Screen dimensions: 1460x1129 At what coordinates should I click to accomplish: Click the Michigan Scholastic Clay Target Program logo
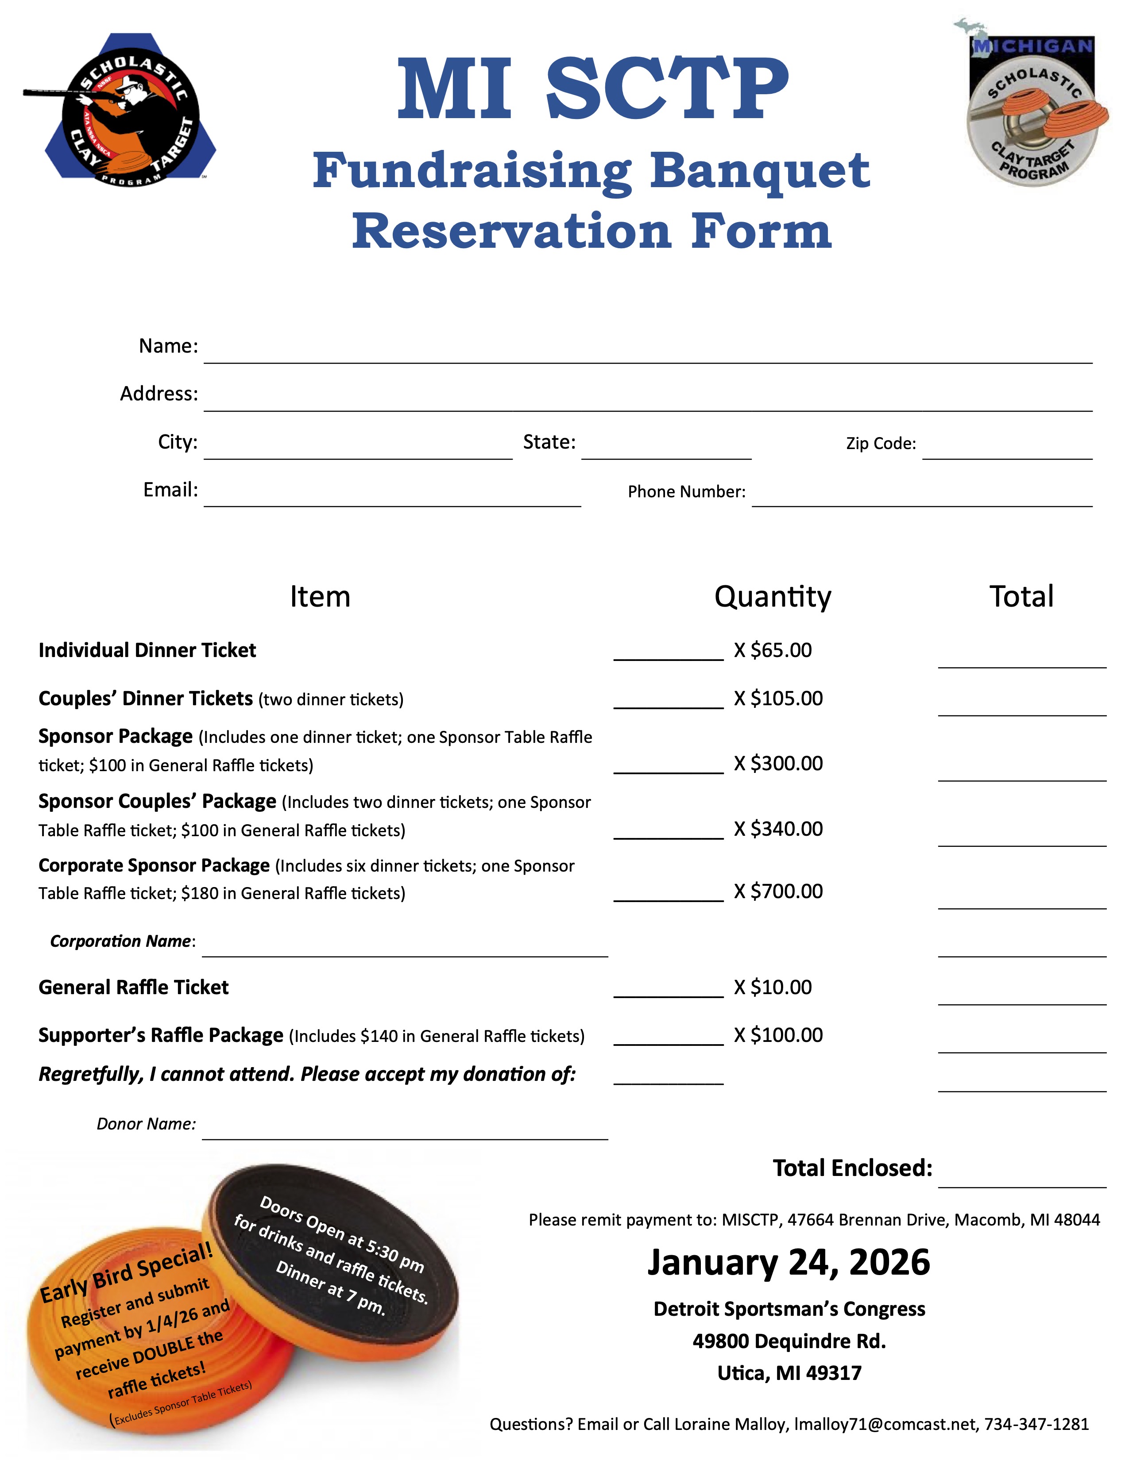coord(1033,107)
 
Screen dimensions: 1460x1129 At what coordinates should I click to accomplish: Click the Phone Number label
coord(686,492)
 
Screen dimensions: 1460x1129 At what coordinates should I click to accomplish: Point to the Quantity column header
coord(773,596)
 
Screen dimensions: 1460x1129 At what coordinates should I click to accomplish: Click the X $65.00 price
coord(773,650)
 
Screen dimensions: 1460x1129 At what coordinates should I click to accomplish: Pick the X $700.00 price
coord(778,891)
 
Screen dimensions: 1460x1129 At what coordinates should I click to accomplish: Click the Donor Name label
coord(147,1124)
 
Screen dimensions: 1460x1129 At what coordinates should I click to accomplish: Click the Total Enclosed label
coord(852,1168)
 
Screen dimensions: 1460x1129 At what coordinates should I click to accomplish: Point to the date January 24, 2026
coord(789,1263)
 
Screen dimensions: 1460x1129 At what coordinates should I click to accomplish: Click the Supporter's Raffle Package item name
coord(161,1036)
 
